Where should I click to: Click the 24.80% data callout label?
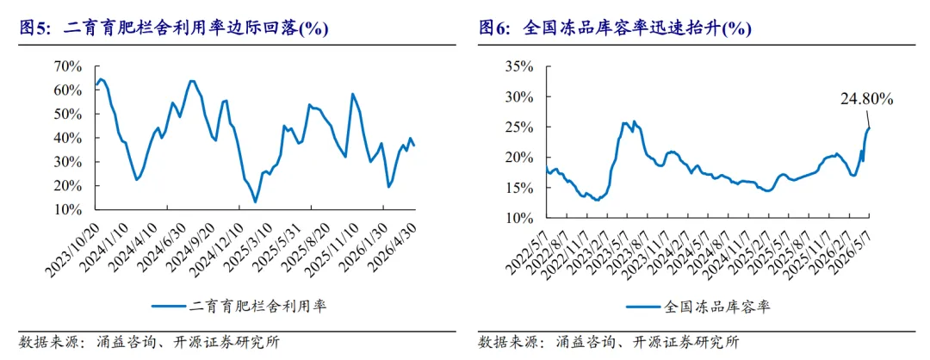point(866,100)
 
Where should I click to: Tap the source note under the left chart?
point(150,342)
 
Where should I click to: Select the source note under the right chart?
point(609,342)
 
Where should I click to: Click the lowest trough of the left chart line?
point(255,202)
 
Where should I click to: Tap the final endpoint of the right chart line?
point(870,128)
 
